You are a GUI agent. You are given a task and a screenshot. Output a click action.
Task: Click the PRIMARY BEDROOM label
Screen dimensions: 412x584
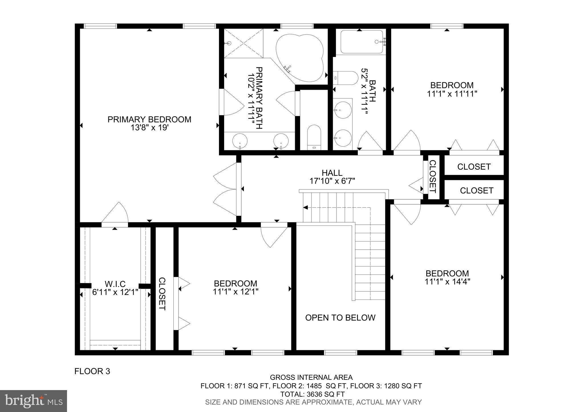[149, 119]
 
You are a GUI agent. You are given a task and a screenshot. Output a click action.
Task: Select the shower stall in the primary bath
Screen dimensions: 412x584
[243, 43]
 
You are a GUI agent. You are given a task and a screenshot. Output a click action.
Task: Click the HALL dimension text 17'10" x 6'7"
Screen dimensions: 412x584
[332, 181]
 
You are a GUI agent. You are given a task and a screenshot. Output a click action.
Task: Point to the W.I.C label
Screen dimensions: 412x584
[115, 284]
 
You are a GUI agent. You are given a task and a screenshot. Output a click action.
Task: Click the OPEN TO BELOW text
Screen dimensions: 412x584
[340, 318]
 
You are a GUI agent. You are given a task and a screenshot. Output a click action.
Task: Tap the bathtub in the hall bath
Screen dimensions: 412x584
[361, 42]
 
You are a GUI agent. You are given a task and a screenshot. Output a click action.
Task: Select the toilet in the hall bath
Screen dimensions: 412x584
[345, 78]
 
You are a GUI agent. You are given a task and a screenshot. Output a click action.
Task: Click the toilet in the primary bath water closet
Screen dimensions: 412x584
[314, 137]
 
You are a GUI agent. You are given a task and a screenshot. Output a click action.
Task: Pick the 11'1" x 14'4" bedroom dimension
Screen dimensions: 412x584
[447, 282]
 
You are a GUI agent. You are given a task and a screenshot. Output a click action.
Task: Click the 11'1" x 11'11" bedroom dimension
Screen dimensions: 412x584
[452, 94]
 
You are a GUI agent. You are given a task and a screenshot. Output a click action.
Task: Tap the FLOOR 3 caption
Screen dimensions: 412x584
[92, 371]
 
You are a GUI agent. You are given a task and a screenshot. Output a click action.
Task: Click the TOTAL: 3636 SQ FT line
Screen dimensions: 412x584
[312, 394]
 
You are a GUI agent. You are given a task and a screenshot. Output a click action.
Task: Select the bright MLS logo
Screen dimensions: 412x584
[34, 401]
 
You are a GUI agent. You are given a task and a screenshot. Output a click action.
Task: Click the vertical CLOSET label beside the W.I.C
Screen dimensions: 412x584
[162, 294]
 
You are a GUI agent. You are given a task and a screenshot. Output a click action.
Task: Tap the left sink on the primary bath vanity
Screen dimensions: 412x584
[240, 141]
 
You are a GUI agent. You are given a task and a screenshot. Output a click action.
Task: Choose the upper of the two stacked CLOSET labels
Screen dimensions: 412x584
[474, 167]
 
